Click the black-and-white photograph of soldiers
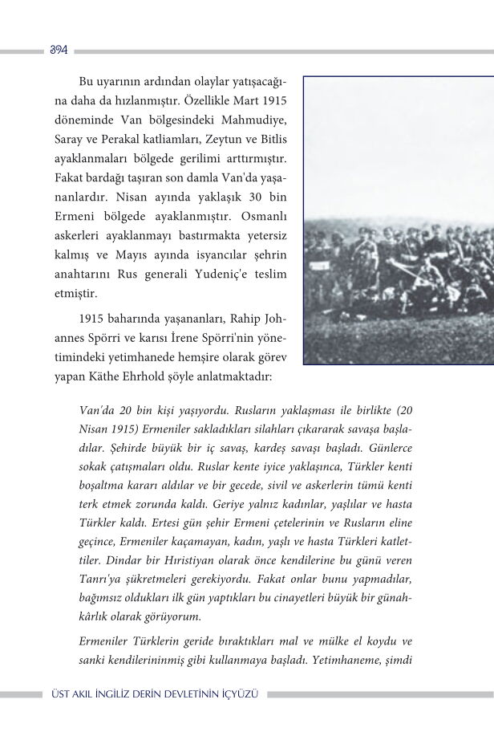[x=398, y=221]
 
